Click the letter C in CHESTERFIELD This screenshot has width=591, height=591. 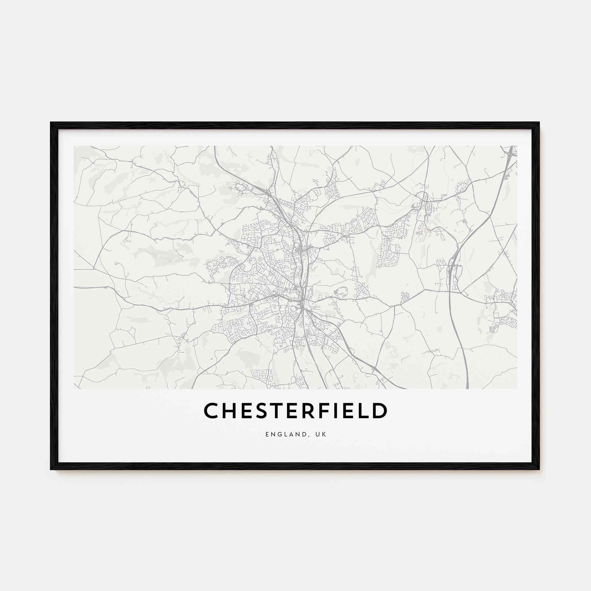click(211, 410)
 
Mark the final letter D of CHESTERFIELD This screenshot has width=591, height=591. click(379, 410)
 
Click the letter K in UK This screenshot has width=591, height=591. click(325, 435)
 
